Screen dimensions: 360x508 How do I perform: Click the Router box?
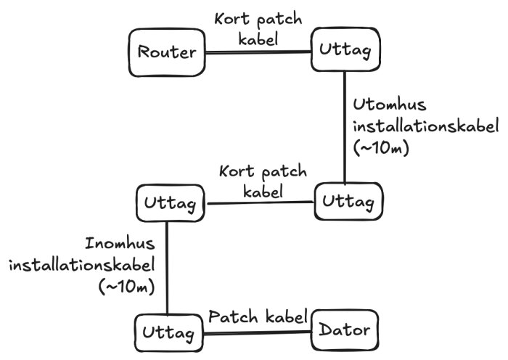[167, 52]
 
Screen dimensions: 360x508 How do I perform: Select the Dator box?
[345, 332]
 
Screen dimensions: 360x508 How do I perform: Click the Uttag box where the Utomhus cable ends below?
[345, 200]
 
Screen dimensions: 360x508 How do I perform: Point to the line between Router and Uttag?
[258, 52]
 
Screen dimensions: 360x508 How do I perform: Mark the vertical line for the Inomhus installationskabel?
[168, 269]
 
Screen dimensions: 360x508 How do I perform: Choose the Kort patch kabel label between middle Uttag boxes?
[262, 182]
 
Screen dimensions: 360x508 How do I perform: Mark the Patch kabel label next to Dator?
[258, 316]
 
